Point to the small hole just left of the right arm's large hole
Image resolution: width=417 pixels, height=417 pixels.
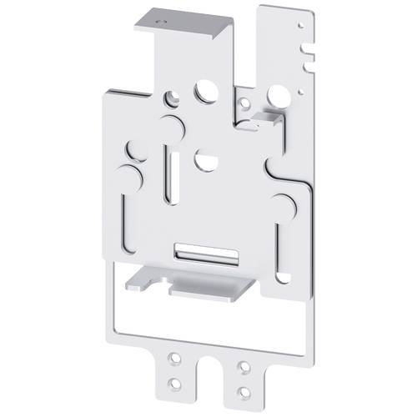coord(245,103)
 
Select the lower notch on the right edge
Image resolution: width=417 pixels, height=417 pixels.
coord(310,60)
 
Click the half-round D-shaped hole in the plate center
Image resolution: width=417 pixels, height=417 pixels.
coord(205,160)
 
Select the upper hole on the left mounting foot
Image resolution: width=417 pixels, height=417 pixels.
coord(174,358)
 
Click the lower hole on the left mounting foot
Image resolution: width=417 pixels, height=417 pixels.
coord(174,383)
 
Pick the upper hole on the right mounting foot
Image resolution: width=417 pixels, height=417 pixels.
coord(243,366)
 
